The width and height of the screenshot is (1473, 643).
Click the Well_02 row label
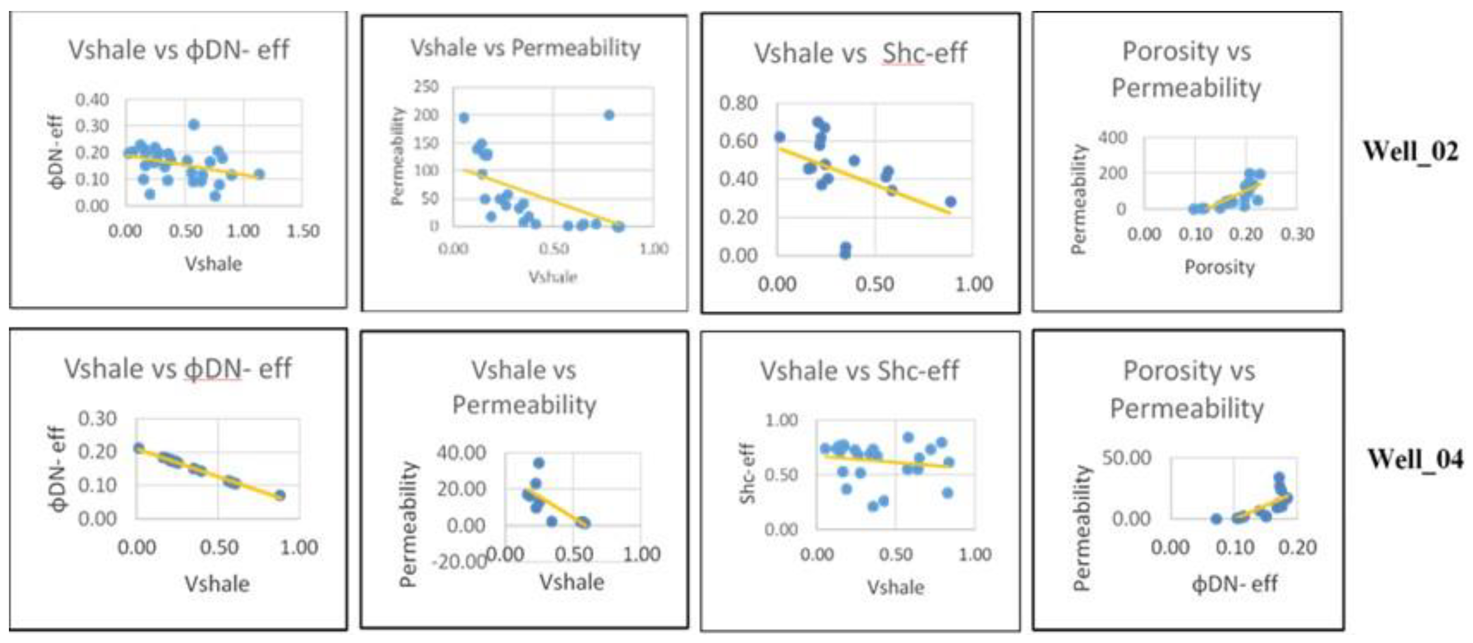[x=1410, y=152]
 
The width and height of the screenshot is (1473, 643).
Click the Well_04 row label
[x=1415, y=459]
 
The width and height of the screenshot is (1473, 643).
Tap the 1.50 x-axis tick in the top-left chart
[x=302, y=232]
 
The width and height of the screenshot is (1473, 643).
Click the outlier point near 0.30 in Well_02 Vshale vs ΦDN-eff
[x=194, y=124]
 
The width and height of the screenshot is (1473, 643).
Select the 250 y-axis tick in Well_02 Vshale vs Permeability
[x=426, y=87]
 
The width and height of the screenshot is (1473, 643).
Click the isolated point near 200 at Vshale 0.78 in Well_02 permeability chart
[x=609, y=115]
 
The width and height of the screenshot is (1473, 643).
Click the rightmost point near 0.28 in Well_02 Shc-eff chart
[x=950, y=201]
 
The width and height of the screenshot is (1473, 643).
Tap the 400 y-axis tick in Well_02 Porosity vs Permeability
[x=1113, y=137]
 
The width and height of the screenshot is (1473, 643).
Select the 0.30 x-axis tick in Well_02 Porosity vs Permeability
[x=1297, y=234]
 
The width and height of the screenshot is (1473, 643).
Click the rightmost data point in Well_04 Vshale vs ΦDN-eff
[x=280, y=495]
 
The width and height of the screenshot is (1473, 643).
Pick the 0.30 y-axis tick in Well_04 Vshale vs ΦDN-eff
[x=97, y=419]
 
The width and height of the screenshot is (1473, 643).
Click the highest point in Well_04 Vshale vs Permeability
[x=539, y=463]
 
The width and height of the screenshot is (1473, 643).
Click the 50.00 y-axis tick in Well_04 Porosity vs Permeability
[x=1126, y=458]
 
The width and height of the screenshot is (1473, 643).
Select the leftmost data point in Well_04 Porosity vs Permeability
[x=1216, y=519]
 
